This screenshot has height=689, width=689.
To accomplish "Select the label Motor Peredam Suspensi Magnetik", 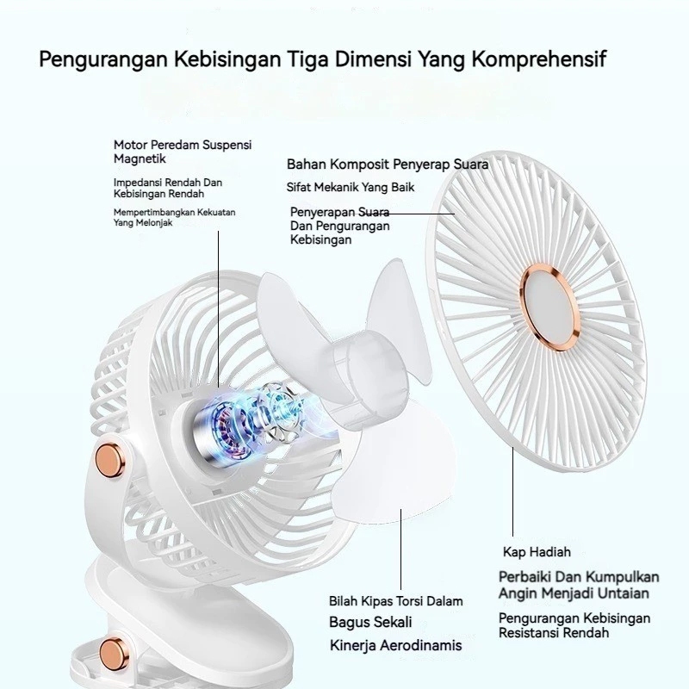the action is click(189, 152).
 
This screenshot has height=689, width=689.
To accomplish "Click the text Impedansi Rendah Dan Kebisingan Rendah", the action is click(169, 188).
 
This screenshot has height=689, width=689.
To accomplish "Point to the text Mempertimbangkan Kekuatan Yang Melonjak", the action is click(174, 216).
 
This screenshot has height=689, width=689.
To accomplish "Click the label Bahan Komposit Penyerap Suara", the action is click(388, 164).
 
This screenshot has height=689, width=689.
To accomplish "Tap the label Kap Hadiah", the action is click(537, 551).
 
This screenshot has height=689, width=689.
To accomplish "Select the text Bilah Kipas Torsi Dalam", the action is click(395, 601).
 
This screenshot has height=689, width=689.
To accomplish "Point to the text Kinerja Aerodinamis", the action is click(395, 645).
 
